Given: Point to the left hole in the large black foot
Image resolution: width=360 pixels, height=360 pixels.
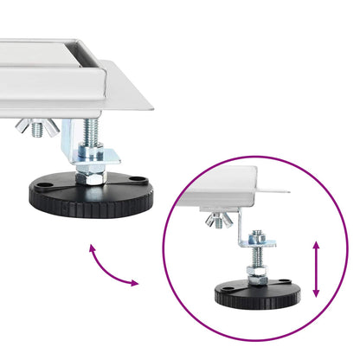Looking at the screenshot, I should pyautogui.click(x=42, y=183).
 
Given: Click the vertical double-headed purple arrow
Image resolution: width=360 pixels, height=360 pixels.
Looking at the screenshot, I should pyautogui.click(x=316, y=269).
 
